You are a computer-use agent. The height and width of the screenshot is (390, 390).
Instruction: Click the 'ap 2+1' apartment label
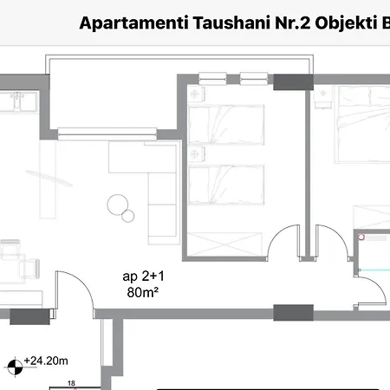[x=140, y=276]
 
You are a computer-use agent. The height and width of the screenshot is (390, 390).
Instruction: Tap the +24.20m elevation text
[x=47, y=358]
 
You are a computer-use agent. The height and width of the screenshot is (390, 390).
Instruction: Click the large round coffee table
[x=116, y=205]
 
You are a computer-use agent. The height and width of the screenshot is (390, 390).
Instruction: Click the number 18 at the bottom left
[x=71, y=381]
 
